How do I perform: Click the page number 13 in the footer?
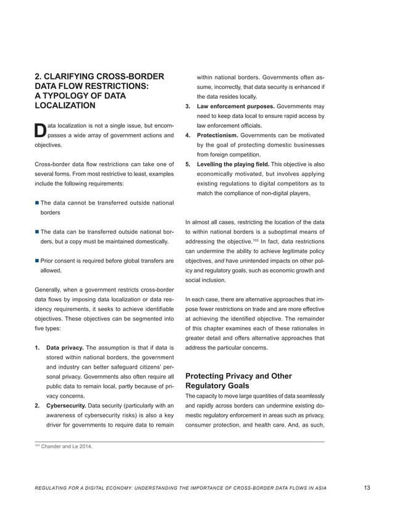(367, 488)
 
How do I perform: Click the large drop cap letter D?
(38, 130)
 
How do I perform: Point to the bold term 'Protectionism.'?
(218, 135)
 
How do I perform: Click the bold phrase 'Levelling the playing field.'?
(234, 164)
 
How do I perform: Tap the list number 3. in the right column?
(189, 107)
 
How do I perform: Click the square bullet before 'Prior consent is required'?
(36, 261)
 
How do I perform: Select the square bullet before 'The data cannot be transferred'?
(36, 203)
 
